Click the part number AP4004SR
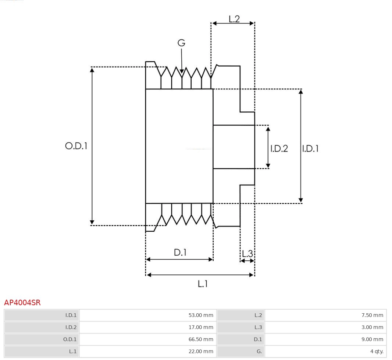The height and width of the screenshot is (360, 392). pos(22,303)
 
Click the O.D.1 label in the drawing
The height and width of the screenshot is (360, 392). pos(76,146)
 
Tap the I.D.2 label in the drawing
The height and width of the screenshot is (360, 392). pos(279,149)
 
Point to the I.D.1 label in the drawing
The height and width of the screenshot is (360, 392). pos(310,149)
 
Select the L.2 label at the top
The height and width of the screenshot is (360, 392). pos(234,19)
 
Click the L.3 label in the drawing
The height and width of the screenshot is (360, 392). pos(247,253)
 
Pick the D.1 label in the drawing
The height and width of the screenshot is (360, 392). pos(180,253)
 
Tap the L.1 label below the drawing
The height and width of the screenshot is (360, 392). pos(203,284)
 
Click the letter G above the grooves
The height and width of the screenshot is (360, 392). pos(181,43)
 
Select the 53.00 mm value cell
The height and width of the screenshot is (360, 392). pos(148,315)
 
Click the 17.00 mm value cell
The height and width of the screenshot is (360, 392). pos(148,327)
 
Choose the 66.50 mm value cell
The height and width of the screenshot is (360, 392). pos(148,339)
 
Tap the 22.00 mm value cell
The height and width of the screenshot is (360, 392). pos(148,351)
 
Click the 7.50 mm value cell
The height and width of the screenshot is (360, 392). pos(325,315)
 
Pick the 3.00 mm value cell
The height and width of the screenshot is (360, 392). pos(325,327)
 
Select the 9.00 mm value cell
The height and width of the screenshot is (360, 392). pos(325,339)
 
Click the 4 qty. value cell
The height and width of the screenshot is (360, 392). pos(325,351)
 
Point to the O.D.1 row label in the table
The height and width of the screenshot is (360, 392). pos(42,339)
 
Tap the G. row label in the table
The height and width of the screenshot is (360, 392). pos(240,351)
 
